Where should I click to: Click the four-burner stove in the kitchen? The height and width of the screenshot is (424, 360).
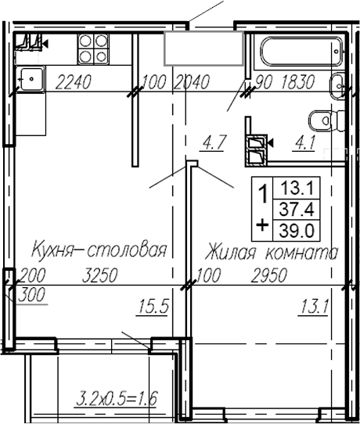94,49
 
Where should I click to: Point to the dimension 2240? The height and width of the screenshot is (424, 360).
72,80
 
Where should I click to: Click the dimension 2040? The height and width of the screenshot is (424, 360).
193,80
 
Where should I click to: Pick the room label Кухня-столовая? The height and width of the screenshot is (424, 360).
99,251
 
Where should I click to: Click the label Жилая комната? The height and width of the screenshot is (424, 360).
272,253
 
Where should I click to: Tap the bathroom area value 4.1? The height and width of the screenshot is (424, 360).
303,142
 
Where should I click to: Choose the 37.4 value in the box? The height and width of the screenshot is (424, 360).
295,207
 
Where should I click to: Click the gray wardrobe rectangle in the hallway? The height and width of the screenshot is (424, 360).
203,49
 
